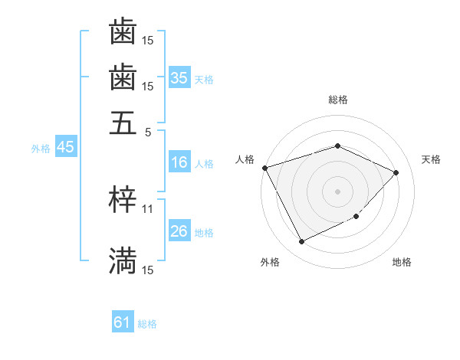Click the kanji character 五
pos(123,122)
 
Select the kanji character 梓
pos(123,199)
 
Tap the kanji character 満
pos(123,260)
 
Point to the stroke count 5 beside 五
pos(148,132)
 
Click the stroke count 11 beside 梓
pos(148,208)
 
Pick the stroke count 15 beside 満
pos(148,270)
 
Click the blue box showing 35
pos(179,77)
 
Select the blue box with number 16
pos(179,162)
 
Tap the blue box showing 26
pos(179,231)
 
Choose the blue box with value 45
pos(65,148)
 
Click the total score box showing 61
pos(123,323)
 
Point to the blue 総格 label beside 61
pos(147,324)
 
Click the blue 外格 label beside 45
pos(41,149)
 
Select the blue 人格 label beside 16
pos(204,163)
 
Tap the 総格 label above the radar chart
pos(337,100)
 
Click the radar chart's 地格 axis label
pos(402,263)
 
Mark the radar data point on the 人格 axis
pos(264,167)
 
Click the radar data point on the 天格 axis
pos(396,172)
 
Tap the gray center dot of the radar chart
pos(337,191)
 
